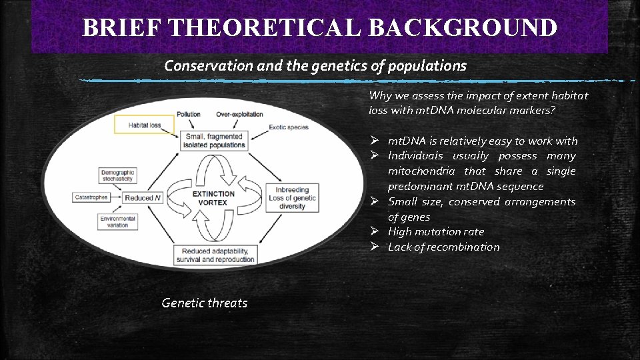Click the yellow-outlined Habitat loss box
144,124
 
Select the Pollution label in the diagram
189,115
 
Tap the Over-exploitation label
239,115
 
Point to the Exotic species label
288,127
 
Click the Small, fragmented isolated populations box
214,140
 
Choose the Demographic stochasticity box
118,176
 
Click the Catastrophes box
91,197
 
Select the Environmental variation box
118,222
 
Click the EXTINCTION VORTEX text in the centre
214,198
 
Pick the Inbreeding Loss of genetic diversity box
292,198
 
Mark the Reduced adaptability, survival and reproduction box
215,255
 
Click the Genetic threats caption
204,303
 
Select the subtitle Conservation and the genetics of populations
315,65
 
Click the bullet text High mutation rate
436,232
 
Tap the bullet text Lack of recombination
443,247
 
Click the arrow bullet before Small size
375,201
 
